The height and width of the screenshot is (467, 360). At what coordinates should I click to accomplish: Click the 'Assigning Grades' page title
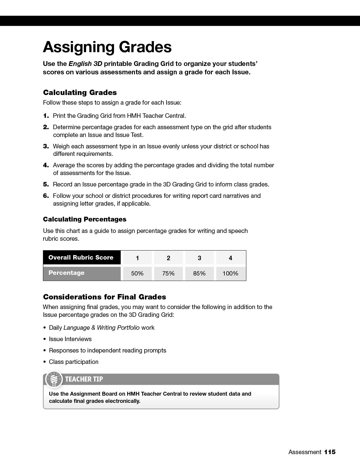(107, 47)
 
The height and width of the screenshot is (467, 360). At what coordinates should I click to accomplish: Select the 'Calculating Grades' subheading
(80, 92)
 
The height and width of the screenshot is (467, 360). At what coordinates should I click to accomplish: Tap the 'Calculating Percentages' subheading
(85, 219)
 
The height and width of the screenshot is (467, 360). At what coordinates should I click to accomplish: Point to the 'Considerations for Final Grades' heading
(104, 297)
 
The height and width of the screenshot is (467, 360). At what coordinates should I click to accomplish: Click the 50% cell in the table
(137, 273)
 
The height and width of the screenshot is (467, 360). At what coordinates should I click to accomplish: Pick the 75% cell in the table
(168, 273)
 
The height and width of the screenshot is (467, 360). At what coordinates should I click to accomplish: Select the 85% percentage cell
(199, 273)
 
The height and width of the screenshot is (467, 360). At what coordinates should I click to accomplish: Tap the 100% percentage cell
(230, 273)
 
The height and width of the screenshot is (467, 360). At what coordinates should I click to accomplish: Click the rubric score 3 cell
(199, 258)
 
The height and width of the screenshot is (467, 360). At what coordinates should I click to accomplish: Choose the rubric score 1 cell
(137, 258)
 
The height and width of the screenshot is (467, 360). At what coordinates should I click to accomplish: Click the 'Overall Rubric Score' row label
(81, 257)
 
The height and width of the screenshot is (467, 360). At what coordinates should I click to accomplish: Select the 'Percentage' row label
(66, 273)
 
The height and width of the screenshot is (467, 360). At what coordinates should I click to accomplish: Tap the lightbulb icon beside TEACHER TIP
(54, 379)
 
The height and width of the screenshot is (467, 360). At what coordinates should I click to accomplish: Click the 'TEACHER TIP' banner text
(84, 379)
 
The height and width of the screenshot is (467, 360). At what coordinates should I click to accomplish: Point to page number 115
(330, 452)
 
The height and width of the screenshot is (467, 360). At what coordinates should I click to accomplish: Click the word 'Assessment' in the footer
(304, 452)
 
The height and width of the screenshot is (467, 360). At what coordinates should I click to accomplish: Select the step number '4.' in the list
(46, 165)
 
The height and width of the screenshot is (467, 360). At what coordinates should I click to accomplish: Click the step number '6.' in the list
(46, 196)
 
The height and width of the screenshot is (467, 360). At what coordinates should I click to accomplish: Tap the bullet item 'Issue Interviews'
(70, 339)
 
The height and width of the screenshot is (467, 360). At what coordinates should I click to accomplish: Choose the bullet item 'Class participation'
(73, 362)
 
